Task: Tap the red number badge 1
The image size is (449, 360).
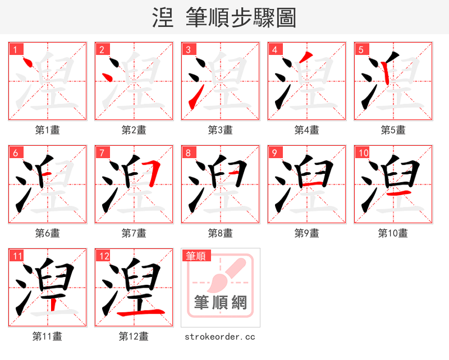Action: pos(15,49)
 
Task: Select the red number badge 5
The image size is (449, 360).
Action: pos(361,49)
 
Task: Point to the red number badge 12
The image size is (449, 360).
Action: pos(104,256)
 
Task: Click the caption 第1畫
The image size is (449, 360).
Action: pos(48,130)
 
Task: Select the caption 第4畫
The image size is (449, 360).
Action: pos(307,130)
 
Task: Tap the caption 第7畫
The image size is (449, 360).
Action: pos(134,233)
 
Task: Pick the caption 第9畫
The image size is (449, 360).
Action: pos(307,233)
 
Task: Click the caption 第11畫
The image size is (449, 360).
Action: pos(48,336)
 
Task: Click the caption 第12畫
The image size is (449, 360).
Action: pos(134,336)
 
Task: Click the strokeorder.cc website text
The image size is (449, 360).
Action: pos(220,336)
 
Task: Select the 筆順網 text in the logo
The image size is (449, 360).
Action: pos(221,303)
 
